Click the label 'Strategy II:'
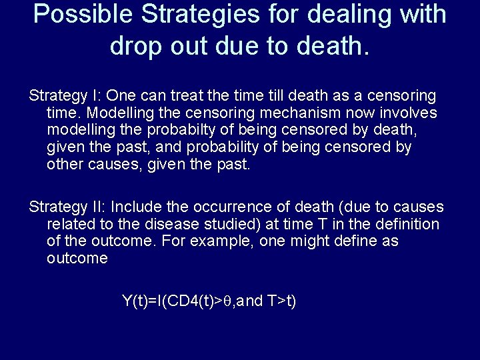click(x=67, y=207)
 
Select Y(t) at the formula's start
click(x=134, y=301)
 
